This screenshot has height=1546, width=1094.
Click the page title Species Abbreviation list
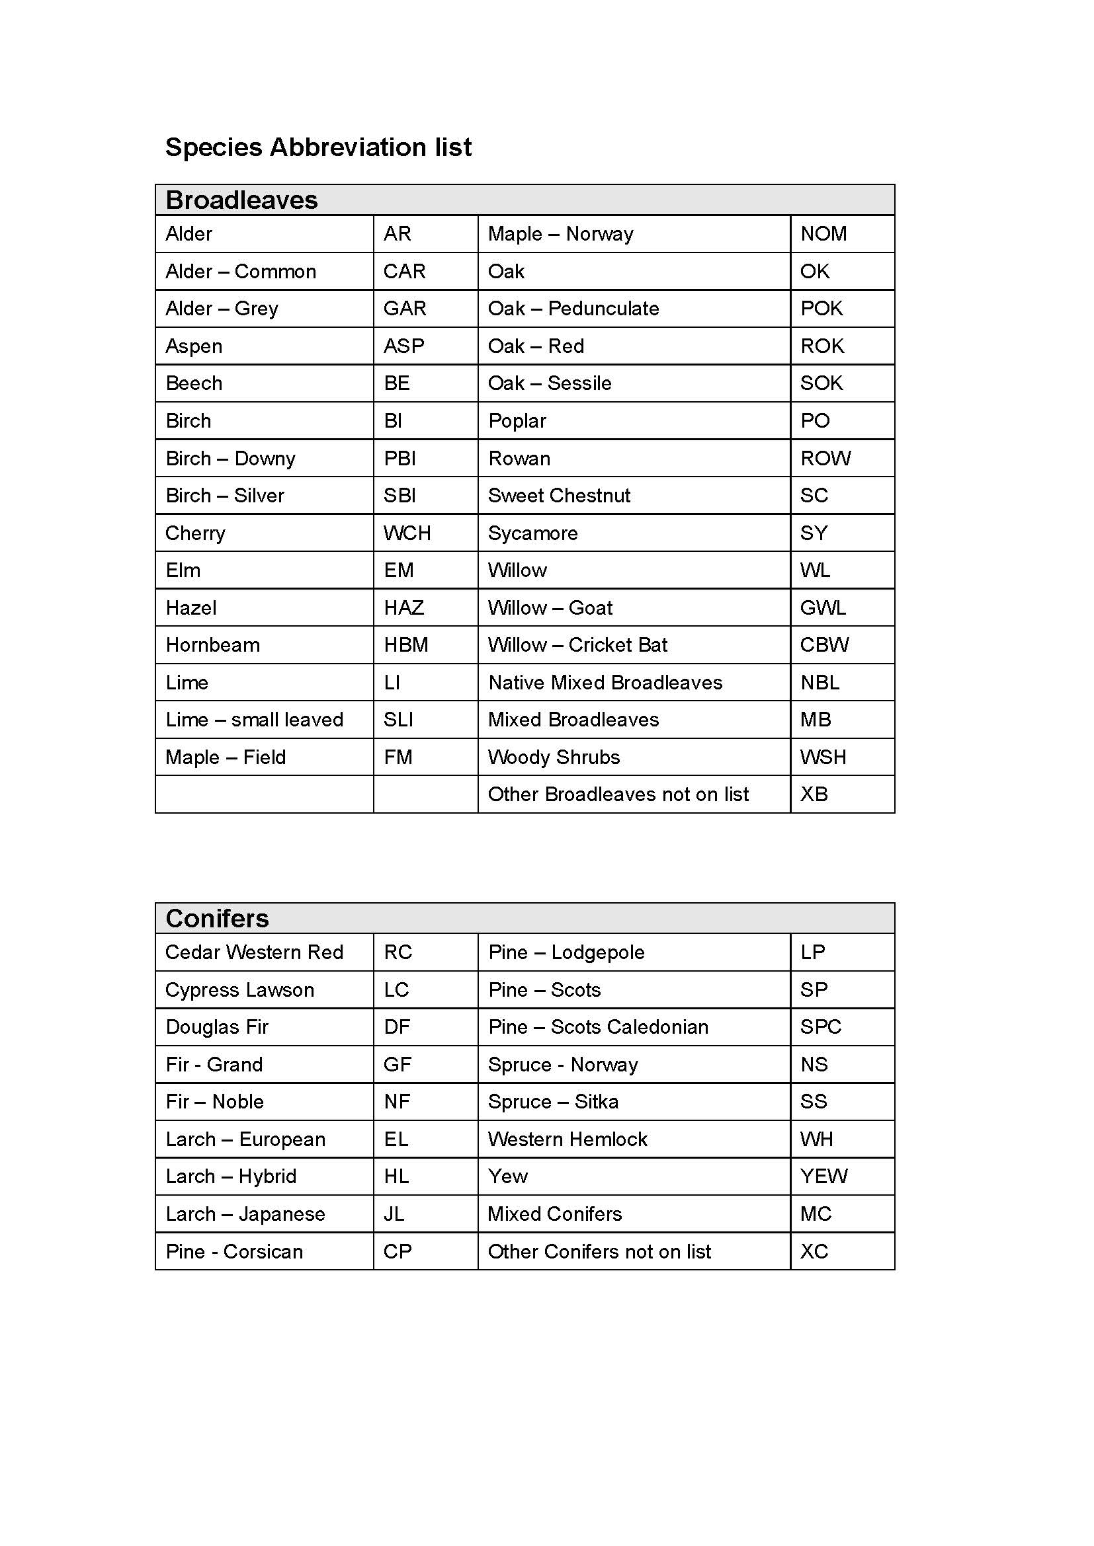pyautogui.click(x=318, y=147)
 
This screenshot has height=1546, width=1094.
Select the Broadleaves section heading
pyautogui.click(x=241, y=200)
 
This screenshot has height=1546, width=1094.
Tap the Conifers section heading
pyautogui.click(x=217, y=919)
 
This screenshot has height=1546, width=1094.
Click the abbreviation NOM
pyautogui.click(x=823, y=233)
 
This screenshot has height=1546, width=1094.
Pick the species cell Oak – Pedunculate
pyautogui.click(x=573, y=309)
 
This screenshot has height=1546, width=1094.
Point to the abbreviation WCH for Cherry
pyautogui.click(x=407, y=533)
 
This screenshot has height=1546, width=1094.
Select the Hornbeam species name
pyautogui.click(x=212, y=645)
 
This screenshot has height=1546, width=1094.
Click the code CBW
pyautogui.click(x=824, y=645)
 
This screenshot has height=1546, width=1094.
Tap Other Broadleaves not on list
pyautogui.click(x=618, y=794)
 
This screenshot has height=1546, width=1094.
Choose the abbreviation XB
pyautogui.click(x=814, y=794)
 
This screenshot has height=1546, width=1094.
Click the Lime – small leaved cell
pyautogui.click(x=254, y=720)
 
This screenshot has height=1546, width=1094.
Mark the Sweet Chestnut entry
pyautogui.click(x=559, y=496)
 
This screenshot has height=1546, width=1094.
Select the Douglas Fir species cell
pyautogui.click(x=217, y=1027)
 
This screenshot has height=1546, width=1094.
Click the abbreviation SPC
pyautogui.click(x=820, y=1027)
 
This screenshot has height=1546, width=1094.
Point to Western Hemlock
pyautogui.click(x=568, y=1140)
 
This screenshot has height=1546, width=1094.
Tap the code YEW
pyautogui.click(x=823, y=1177)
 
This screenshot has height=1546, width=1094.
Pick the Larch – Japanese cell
pyautogui.click(x=245, y=1214)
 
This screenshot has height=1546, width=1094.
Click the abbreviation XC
pyautogui.click(x=814, y=1252)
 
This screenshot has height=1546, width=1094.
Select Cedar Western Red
pyautogui.click(x=254, y=952)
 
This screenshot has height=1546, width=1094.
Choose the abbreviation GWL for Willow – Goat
pyautogui.click(x=822, y=608)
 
